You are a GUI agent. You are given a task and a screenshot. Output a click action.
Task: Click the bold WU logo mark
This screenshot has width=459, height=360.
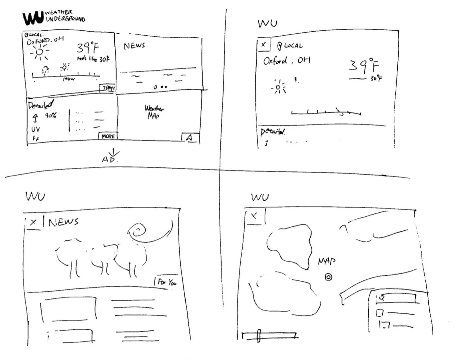click(x=33, y=18)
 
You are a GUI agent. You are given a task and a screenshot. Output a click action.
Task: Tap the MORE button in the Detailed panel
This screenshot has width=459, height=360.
click(x=108, y=136)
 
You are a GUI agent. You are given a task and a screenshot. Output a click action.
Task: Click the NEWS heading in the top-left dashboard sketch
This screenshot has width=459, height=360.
click(x=134, y=46)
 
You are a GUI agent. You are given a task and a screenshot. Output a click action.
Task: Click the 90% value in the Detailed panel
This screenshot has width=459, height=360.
click(x=51, y=116)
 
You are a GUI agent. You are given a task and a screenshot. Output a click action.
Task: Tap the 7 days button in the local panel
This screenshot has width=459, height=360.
click(x=108, y=88)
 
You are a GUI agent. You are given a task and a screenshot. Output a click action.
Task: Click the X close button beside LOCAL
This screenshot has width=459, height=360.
click(x=263, y=45)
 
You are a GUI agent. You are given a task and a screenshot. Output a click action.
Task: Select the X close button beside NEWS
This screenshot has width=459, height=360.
click(x=33, y=223)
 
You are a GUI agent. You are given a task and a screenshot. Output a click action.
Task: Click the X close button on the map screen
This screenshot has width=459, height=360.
click(x=254, y=216)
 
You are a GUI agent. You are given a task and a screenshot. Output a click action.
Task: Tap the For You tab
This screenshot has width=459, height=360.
click(x=167, y=282)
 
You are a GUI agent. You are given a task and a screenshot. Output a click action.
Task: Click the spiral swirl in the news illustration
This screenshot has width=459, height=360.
click(x=139, y=232)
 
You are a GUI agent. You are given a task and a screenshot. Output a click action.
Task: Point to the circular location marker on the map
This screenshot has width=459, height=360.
click(x=328, y=277)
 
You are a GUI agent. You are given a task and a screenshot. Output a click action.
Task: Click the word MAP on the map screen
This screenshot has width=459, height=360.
click(x=327, y=261)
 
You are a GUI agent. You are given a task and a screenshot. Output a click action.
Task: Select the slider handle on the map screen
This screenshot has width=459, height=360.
click(x=259, y=336)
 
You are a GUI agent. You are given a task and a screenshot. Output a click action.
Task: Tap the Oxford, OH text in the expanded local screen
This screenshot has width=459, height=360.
click(x=287, y=61)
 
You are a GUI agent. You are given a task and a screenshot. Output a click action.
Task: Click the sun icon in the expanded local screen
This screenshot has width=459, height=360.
click(x=279, y=87)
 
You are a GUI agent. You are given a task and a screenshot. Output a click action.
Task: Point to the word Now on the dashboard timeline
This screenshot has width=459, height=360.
click(x=69, y=79)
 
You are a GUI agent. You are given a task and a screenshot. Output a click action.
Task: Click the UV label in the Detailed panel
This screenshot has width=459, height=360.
click(x=35, y=130)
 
